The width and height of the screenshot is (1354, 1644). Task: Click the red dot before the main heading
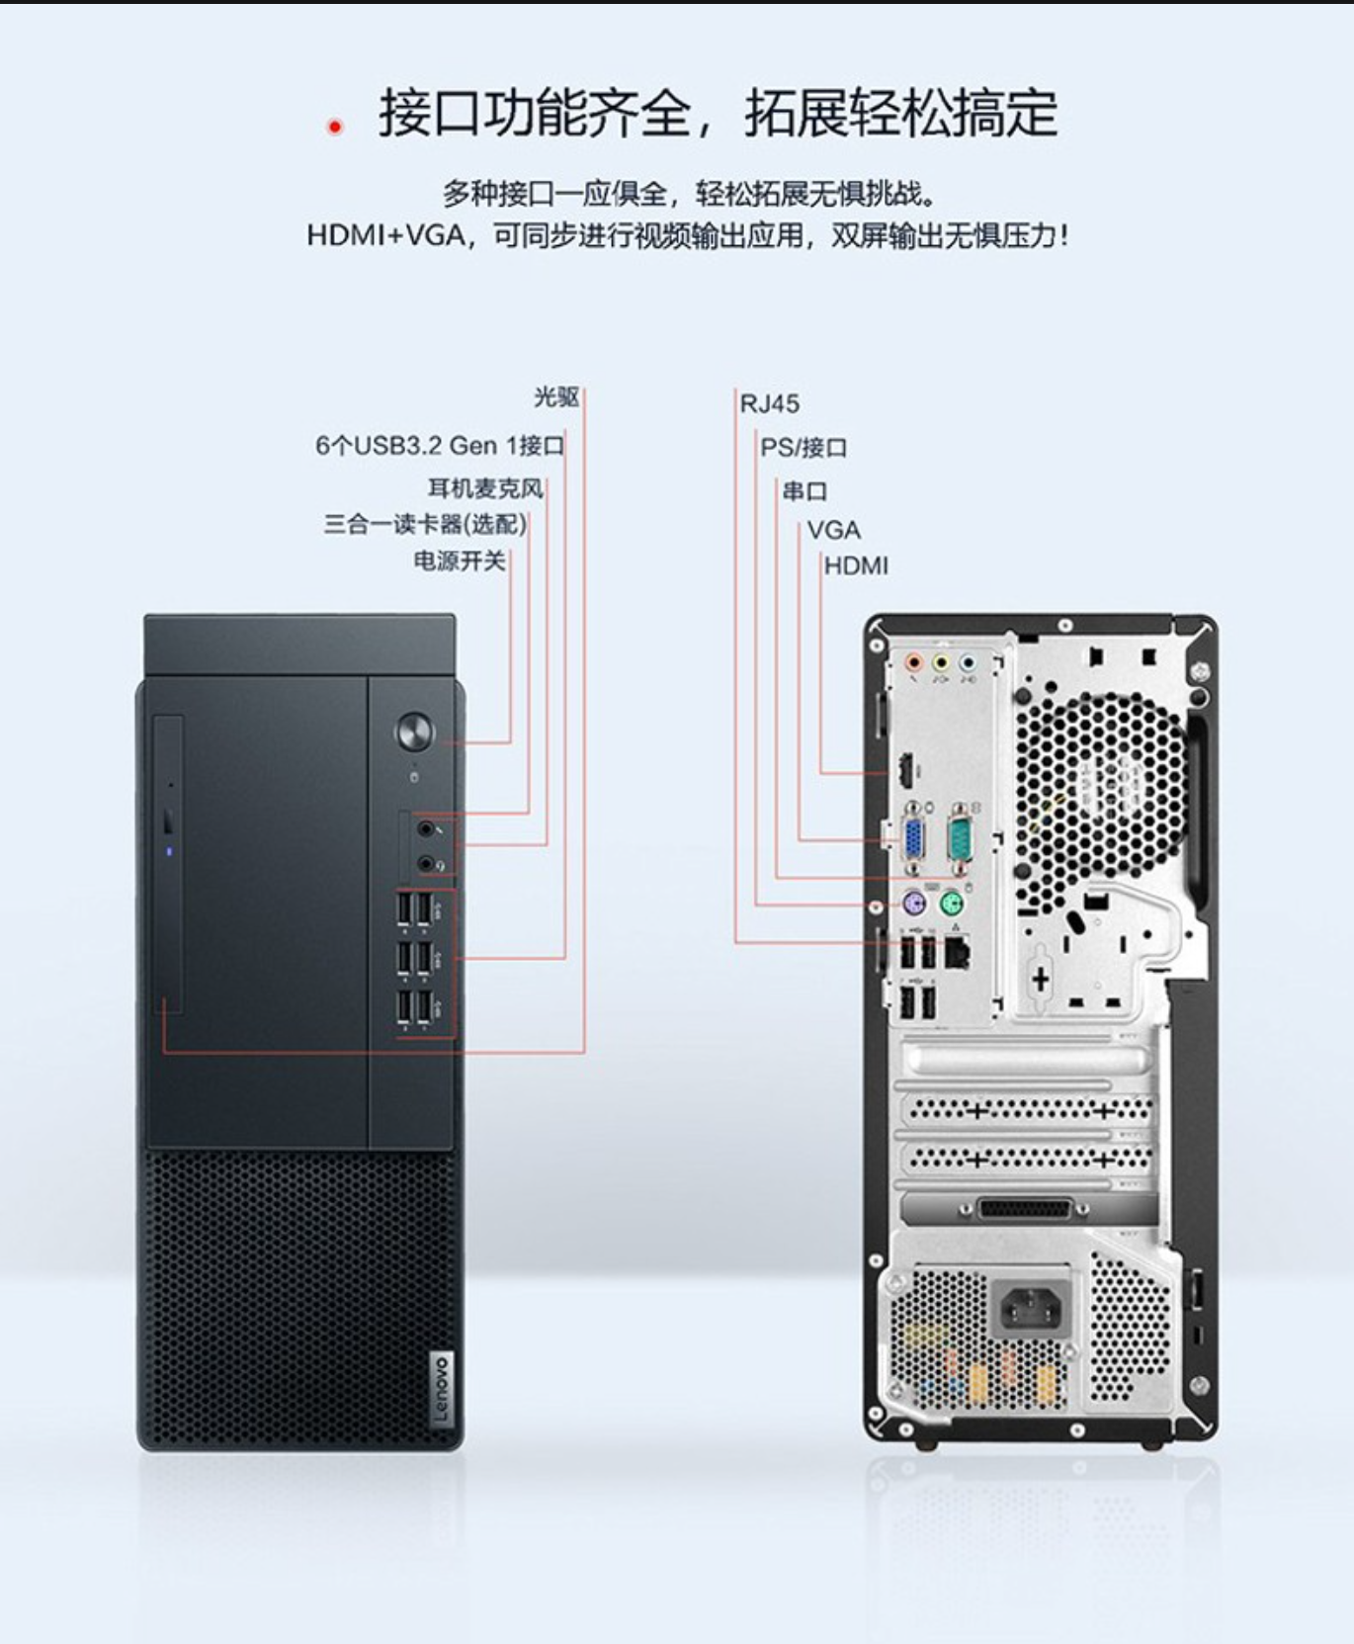click(x=335, y=127)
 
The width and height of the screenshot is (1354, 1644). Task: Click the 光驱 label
click(x=556, y=397)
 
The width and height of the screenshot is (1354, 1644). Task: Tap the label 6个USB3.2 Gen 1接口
click(x=440, y=446)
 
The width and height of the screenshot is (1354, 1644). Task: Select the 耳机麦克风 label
click(x=485, y=487)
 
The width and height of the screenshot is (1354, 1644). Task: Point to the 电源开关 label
click(x=460, y=561)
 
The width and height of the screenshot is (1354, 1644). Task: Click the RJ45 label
click(x=770, y=403)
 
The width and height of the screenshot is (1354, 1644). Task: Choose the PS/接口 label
click(x=804, y=448)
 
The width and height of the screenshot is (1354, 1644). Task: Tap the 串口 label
click(x=804, y=490)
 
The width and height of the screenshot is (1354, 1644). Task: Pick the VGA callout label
click(x=833, y=530)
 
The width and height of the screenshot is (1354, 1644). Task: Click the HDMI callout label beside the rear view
click(x=856, y=565)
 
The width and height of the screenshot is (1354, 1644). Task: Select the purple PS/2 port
click(x=914, y=903)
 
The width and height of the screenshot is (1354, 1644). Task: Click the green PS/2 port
click(x=951, y=903)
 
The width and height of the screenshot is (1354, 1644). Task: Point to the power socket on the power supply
click(x=1033, y=1308)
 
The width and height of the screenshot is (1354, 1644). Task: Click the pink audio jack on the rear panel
click(x=914, y=662)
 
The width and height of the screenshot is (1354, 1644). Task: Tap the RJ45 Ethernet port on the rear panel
click(x=957, y=952)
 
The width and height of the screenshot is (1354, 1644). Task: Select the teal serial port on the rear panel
click(x=960, y=837)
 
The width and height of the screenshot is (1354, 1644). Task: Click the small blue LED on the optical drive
click(x=169, y=850)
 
